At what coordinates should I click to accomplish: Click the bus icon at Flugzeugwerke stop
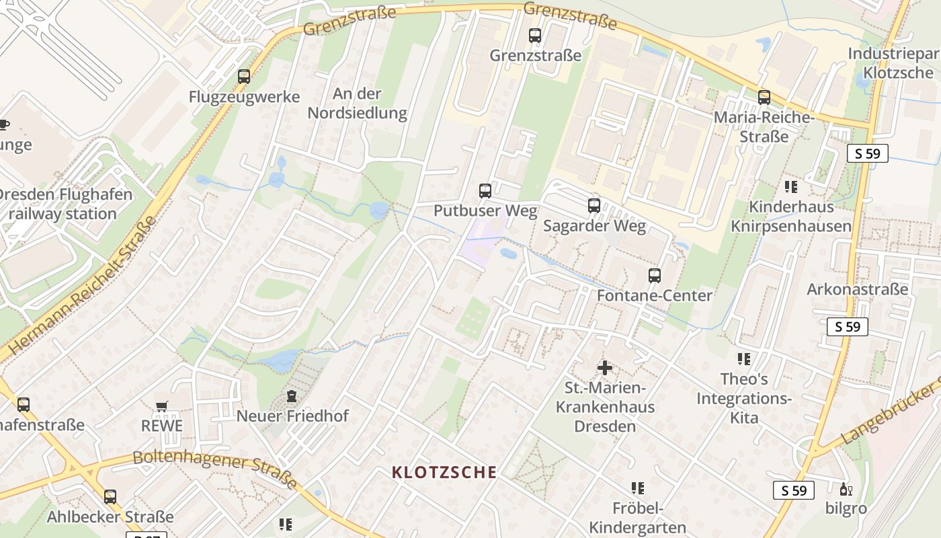[x=244, y=77]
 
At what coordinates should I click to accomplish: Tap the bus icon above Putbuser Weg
[x=485, y=191]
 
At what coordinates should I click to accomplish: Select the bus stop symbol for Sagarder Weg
[x=594, y=206]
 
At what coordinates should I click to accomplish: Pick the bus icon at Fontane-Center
[x=655, y=276]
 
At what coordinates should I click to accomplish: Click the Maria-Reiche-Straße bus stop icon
[x=764, y=98]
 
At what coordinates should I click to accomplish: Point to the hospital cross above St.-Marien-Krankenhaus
[x=605, y=368]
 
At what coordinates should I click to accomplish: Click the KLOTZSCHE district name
[x=444, y=472]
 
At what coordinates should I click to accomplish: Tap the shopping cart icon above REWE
[x=161, y=406]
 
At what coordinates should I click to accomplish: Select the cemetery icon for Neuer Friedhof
[x=292, y=397]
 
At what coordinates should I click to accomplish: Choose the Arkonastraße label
[x=858, y=290]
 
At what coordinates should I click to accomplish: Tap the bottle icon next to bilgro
[x=844, y=490]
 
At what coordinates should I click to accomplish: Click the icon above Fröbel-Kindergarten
[x=638, y=488]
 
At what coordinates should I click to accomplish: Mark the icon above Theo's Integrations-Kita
[x=743, y=359]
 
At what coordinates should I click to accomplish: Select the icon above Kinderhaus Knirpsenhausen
[x=790, y=186]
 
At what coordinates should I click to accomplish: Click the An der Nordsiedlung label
[x=358, y=103]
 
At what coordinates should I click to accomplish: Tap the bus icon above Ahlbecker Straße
[x=110, y=497]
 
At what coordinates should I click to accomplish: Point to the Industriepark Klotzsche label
[x=894, y=63]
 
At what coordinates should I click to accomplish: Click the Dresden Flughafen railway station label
[x=65, y=204]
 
